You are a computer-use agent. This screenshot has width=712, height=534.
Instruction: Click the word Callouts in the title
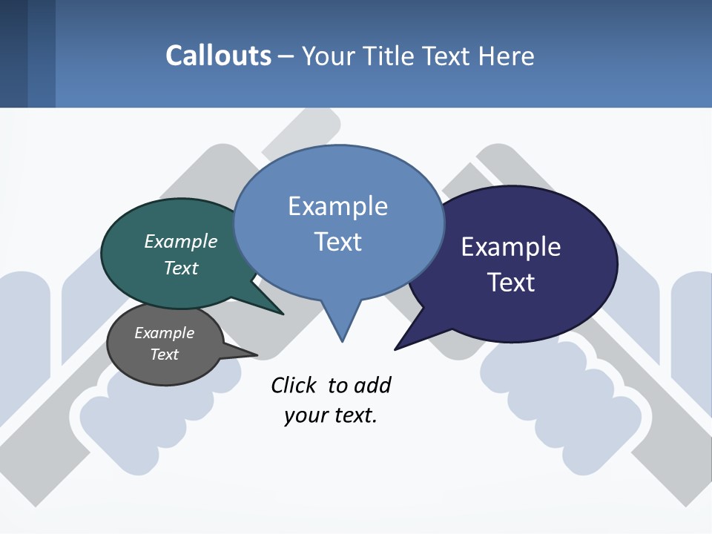pos(218,56)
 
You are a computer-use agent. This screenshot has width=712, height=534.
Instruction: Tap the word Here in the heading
pos(506,56)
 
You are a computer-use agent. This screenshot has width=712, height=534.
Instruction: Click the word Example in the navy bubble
pos(511,247)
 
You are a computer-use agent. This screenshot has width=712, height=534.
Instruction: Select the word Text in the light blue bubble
pos(338,242)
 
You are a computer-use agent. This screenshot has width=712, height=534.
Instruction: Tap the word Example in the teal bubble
pos(181,241)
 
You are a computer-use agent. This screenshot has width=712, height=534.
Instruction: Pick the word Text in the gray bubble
pos(165,355)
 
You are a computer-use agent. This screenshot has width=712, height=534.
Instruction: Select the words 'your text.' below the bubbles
pos(331,415)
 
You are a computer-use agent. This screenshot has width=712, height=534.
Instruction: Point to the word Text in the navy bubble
pos(511,283)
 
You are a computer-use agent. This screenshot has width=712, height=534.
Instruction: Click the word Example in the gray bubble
pos(165,333)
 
